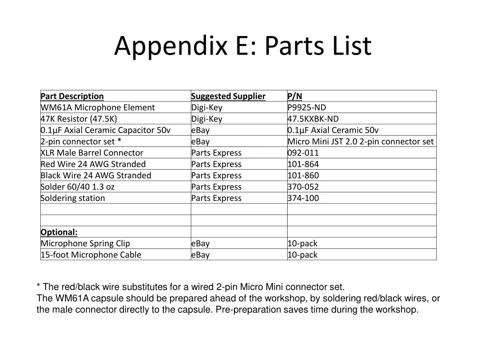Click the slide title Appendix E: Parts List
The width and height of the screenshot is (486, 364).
pyautogui.click(x=243, y=46)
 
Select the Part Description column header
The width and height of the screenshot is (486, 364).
pyautogui.click(x=72, y=96)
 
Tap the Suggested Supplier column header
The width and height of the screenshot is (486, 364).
pyautogui.click(x=228, y=96)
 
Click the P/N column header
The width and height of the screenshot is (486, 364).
pyautogui.click(x=295, y=96)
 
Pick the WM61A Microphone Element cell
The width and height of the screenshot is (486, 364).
pyautogui.click(x=98, y=108)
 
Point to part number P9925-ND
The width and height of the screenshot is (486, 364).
pyautogui.click(x=307, y=108)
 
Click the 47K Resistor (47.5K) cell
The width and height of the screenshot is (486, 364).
pyautogui.click(x=79, y=119)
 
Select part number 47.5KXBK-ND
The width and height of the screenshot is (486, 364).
pyautogui.click(x=313, y=119)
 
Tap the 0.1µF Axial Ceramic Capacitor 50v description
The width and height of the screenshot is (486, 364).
pyautogui.click(x=105, y=130)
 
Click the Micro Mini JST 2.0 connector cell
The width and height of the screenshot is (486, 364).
pyautogui.click(x=361, y=142)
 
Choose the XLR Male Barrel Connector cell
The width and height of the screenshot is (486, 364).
pyautogui.click(x=92, y=153)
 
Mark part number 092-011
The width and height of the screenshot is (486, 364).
pyautogui.click(x=303, y=153)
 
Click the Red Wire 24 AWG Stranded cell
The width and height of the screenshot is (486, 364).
pyautogui.click(x=93, y=164)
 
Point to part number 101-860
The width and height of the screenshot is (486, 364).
pyautogui.click(x=303, y=176)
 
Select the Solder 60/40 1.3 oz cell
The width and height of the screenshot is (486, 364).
pyautogui.click(x=77, y=187)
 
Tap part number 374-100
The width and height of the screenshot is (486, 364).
pyautogui.click(x=303, y=199)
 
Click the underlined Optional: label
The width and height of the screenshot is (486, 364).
pyautogui.click(x=59, y=232)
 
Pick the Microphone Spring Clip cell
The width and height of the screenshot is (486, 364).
pyautogui.click(x=85, y=244)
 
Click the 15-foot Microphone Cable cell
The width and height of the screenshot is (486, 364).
pyautogui.click(x=91, y=255)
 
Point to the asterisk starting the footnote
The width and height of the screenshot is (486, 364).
pyautogui.click(x=38, y=286)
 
